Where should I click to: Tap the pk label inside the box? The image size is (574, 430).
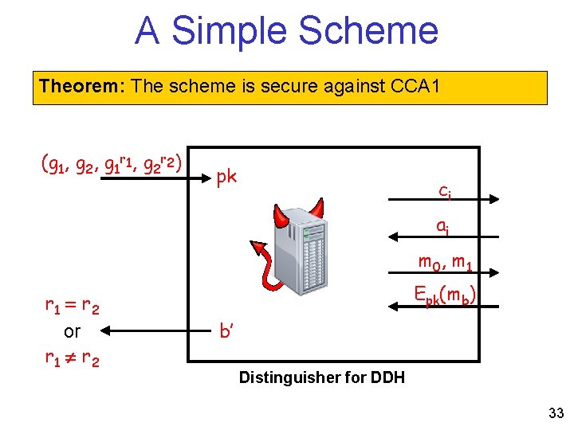coord(226,176)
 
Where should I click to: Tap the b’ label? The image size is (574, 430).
coord(226,330)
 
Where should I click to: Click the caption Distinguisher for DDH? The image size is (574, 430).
coord(321,377)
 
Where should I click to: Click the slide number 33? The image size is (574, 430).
coord(556,413)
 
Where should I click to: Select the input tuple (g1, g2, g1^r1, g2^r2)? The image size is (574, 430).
coord(112,165)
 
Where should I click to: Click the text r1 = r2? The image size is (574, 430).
coord(71,305)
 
